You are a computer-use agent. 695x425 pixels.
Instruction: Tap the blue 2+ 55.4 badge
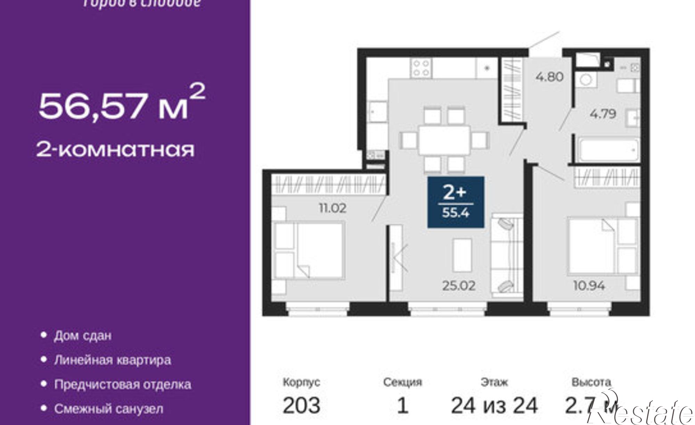tap(456, 202)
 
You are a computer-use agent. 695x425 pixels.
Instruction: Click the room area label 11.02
tap(333, 208)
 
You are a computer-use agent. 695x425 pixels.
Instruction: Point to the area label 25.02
tap(459, 286)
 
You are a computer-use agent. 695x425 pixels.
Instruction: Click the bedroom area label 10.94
tap(589, 286)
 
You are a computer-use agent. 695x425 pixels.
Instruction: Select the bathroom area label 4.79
tap(603, 114)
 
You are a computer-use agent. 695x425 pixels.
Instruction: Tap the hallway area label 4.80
tap(549, 76)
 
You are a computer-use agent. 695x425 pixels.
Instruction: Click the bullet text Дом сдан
tap(83, 336)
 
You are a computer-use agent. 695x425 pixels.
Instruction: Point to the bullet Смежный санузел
tap(108, 409)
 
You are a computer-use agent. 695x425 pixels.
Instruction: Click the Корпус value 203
tap(301, 406)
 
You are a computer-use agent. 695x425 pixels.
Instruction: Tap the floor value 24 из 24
tap(494, 406)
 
